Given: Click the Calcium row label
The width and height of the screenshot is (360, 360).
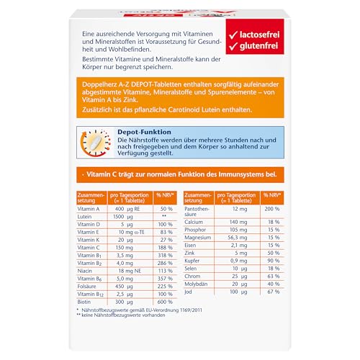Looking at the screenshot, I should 197,223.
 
